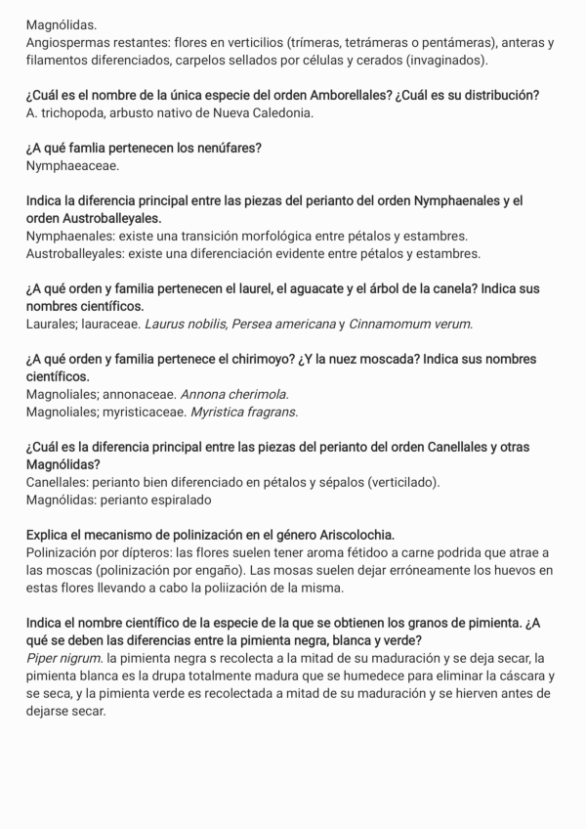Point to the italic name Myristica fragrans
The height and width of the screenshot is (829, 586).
(244, 412)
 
